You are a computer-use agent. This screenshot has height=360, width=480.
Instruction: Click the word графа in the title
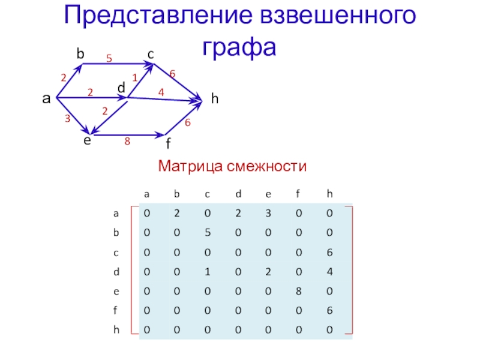point(239,45)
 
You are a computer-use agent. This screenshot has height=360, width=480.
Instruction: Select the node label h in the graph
point(214,100)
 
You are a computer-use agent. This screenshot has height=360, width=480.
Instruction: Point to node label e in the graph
point(88,140)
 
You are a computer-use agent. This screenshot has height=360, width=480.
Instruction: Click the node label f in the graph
point(169,145)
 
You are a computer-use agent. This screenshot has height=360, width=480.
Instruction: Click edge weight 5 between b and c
point(109,58)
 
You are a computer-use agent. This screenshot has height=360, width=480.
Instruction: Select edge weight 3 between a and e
point(68,119)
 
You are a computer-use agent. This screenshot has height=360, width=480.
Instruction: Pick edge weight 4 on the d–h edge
point(161,92)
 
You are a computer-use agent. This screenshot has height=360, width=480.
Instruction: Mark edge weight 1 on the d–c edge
point(135,77)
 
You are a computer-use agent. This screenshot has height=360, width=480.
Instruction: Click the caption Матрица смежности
point(232,165)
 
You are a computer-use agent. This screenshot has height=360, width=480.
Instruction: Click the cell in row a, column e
point(268,213)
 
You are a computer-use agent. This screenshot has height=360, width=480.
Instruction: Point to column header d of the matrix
point(238,194)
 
